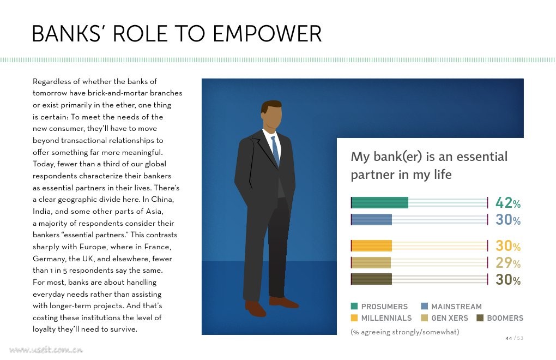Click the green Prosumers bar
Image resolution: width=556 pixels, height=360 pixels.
click(x=380, y=202)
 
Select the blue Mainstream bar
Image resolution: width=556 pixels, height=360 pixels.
click(x=372, y=220)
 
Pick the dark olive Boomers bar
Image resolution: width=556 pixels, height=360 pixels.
click(x=372, y=279)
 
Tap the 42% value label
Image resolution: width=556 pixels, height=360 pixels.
click(x=508, y=203)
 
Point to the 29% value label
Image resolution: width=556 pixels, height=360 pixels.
click(x=508, y=263)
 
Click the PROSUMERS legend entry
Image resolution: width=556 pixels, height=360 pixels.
click(x=379, y=307)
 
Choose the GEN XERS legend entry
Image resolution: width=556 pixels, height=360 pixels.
click(x=444, y=318)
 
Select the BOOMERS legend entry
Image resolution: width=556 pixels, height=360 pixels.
click(x=500, y=318)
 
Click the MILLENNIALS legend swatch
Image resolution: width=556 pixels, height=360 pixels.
click(x=354, y=318)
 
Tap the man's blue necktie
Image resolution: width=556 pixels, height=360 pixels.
click(x=275, y=149)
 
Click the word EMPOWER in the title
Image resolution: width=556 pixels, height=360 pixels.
click(x=267, y=34)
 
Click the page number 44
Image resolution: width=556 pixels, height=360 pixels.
click(x=509, y=338)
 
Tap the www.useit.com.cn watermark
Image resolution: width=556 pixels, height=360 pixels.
click(x=46, y=350)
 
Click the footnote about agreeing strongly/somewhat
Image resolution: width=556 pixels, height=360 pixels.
click(x=404, y=332)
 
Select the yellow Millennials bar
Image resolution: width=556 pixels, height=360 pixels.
click(x=372, y=246)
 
